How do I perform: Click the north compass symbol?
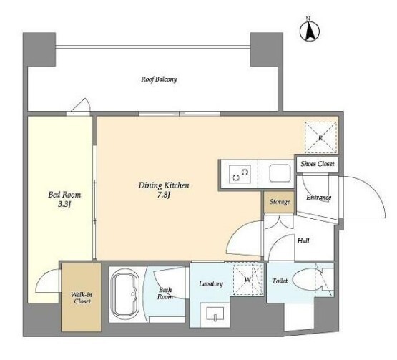[x=310, y=30]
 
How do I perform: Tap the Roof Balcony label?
[x=159, y=79]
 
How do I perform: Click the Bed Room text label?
[x=64, y=195]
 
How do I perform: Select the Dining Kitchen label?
[x=164, y=185]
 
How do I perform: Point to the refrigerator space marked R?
[x=320, y=137]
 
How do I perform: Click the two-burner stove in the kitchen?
[x=240, y=174]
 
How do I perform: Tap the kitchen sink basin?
[x=280, y=173]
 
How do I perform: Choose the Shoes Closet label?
[x=318, y=164]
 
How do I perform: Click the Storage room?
[x=279, y=202]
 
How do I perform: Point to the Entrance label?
[x=318, y=198]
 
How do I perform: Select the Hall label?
[x=303, y=240]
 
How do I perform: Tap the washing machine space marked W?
[x=248, y=280]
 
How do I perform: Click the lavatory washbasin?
[x=215, y=314]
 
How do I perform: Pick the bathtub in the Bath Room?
[x=125, y=294]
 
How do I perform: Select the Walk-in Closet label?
[x=82, y=298]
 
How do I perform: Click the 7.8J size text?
[x=164, y=195]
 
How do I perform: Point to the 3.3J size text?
[x=64, y=204]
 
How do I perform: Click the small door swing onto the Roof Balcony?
[x=82, y=105]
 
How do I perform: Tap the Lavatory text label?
[x=211, y=283]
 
